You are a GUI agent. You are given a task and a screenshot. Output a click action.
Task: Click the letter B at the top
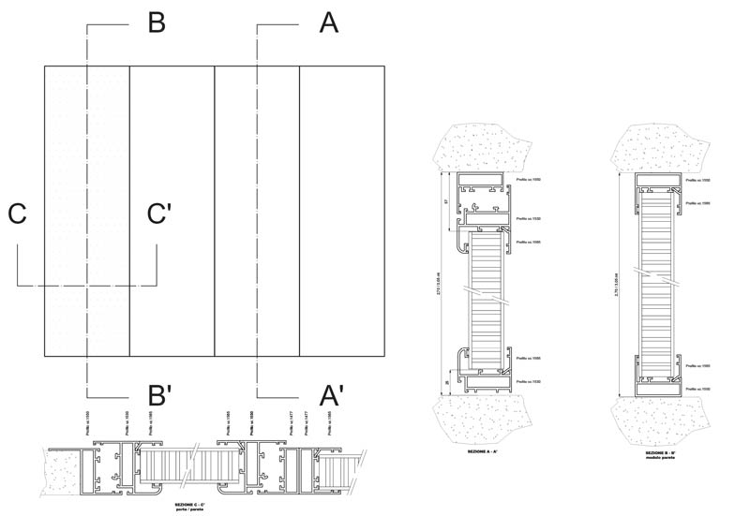tap(157, 22)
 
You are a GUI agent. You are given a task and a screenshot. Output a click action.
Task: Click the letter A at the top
tap(327, 22)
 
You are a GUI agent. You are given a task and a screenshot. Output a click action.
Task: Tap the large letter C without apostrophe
tap(17, 214)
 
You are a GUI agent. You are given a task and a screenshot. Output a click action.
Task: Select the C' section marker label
tap(158, 214)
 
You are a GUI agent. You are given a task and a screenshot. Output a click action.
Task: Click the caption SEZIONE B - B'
tap(662, 450)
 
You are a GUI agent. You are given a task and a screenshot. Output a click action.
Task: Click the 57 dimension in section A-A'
tap(447, 200)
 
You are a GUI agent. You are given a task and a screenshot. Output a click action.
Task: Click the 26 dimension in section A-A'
tap(447, 380)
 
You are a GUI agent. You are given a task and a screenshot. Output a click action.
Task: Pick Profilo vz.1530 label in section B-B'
tap(699, 388)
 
